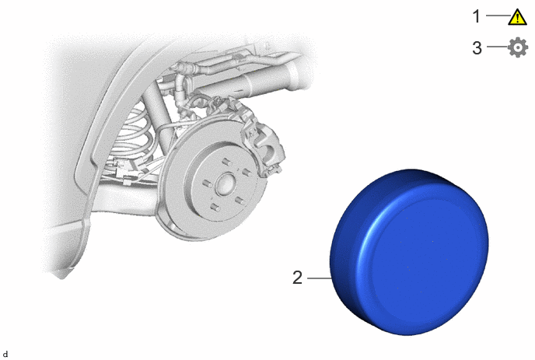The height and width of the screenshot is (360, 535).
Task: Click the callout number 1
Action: click(477, 16)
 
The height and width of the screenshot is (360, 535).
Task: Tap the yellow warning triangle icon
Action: click(518, 17)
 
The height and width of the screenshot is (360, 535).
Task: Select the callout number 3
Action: click(477, 47)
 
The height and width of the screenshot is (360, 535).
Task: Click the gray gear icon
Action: click(518, 47)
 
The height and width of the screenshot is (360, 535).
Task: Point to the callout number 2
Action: click(297, 278)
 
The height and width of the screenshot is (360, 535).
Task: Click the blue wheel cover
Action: click(409, 252)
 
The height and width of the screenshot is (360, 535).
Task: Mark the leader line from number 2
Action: click(320, 278)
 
